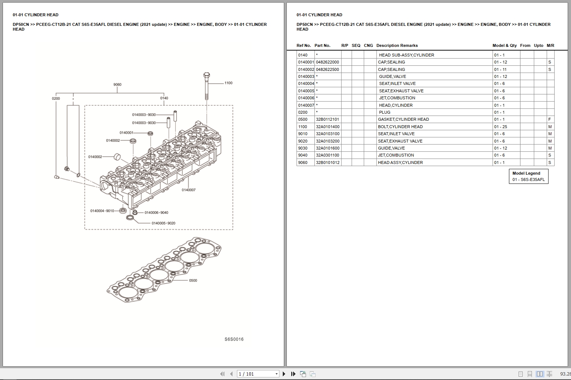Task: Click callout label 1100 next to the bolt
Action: tap(228, 83)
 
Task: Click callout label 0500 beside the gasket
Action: tap(193, 281)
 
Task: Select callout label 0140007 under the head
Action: tap(188, 190)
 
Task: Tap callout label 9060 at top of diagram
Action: tap(117, 85)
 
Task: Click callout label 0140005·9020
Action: tap(163, 223)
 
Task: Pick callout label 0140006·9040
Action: tap(156, 213)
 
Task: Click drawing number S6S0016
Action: tap(234, 339)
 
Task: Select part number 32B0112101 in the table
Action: tap(327, 120)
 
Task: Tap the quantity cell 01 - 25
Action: tap(501, 127)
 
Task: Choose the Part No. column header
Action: tap(322, 45)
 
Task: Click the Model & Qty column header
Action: tap(505, 45)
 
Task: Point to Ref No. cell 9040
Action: tap(303, 155)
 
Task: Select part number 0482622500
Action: tap(327, 69)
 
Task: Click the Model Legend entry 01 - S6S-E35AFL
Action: tap(528, 180)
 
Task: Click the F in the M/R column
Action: tap(550, 120)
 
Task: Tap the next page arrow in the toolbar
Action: tap(284, 374)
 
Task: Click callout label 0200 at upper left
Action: tap(56, 99)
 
